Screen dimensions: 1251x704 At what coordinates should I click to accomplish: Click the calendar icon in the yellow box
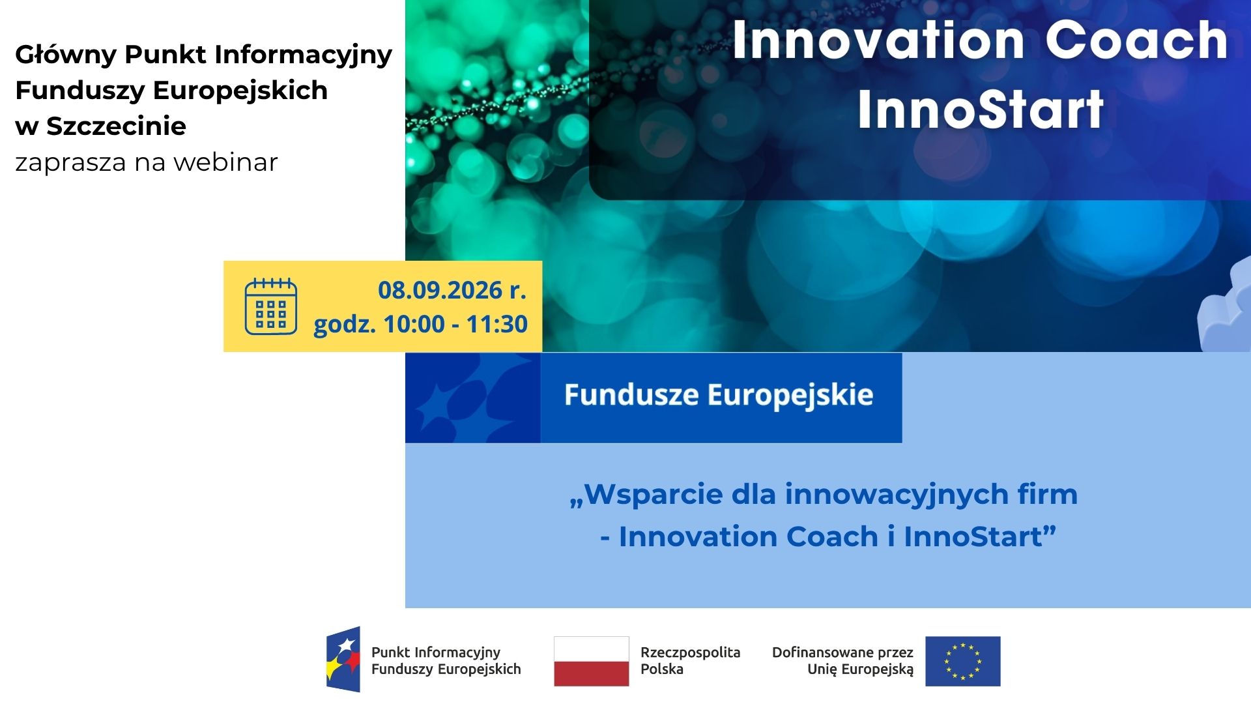point(271,306)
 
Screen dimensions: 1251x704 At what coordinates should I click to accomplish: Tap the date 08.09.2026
point(440,290)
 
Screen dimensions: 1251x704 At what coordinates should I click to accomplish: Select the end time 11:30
point(497,324)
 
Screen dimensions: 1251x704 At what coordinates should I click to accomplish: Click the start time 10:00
point(414,324)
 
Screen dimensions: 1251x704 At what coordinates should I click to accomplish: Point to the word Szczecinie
point(116,126)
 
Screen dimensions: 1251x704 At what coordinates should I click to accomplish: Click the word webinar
point(225,162)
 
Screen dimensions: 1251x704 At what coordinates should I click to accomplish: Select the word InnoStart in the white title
point(981,109)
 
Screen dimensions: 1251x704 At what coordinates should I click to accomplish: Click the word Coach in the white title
point(1137,40)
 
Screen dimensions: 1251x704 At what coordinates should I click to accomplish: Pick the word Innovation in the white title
point(879,40)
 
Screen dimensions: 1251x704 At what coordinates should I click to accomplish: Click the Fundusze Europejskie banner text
point(719,395)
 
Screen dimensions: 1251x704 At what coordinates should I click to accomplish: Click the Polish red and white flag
point(592,661)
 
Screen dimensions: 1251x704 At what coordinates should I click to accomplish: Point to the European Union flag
point(963,661)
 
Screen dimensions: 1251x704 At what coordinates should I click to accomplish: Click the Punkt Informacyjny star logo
point(343,659)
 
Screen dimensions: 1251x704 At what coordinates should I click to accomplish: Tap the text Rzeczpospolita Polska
point(691,660)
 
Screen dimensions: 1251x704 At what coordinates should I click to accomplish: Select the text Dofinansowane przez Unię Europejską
point(842,660)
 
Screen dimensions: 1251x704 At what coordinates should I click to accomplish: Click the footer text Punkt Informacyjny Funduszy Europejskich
point(446,660)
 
